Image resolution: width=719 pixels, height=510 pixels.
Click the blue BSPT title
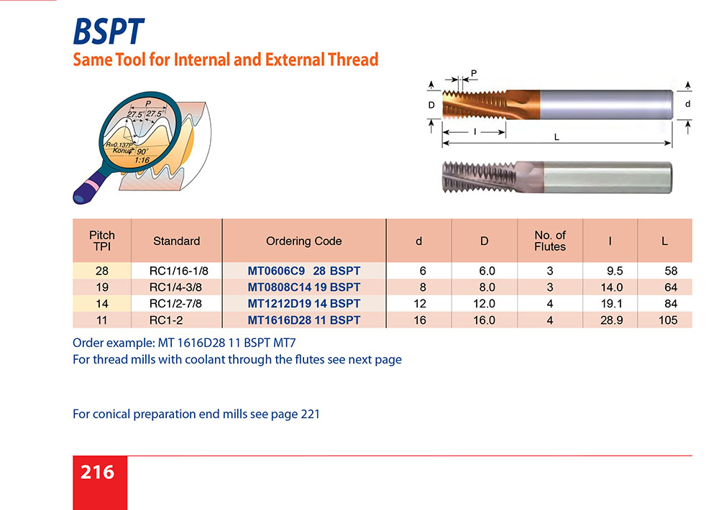click(x=109, y=32)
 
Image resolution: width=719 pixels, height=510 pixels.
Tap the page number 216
click(x=97, y=472)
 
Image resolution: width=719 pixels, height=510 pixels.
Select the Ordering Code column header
click(x=303, y=241)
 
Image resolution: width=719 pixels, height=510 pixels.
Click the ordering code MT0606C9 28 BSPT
click(x=303, y=271)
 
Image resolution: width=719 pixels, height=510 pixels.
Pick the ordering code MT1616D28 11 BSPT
click(x=303, y=320)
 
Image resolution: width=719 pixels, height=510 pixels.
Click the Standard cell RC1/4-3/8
click(x=175, y=287)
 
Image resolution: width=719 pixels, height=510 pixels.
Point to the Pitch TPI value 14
click(x=102, y=304)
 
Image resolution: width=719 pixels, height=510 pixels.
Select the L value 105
click(x=668, y=320)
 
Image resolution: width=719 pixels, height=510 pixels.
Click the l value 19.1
click(x=612, y=304)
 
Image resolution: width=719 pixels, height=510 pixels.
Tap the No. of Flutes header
click(x=550, y=241)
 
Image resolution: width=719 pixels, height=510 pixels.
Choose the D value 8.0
click(x=487, y=287)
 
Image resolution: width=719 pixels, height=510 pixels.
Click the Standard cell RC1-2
click(x=166, y=320)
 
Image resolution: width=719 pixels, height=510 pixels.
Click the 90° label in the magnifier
click(x=142, y=152)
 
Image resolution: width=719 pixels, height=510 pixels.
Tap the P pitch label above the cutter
click(x=474, y=73)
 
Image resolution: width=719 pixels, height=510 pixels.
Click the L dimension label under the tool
click(x=557, y=137)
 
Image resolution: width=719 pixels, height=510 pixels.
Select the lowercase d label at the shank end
click(x=688, y=104)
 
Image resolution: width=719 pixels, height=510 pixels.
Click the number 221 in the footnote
click(x=311, y=414)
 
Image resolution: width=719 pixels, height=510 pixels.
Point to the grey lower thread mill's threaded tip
click(x=479, y=177)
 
